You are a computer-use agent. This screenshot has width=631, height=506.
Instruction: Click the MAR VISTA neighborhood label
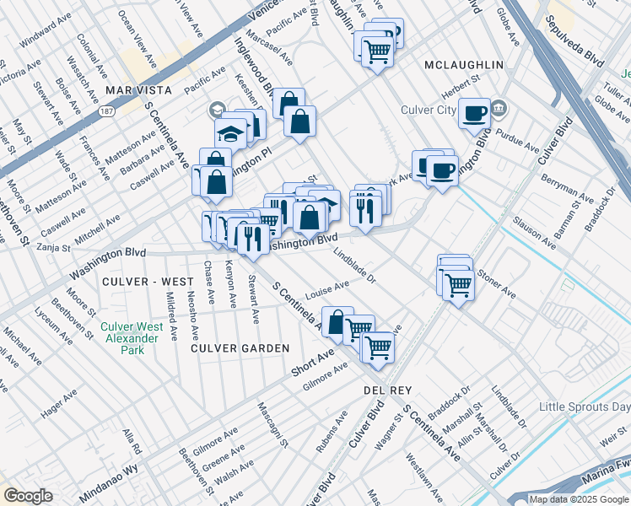[x=138, y=89]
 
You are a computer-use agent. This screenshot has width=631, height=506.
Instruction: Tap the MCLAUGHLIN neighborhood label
[x=463, y=65]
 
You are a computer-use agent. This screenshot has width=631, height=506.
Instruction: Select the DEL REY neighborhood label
[x=386, y=390]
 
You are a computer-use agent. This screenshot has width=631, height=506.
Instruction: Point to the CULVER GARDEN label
[x=240, y=347]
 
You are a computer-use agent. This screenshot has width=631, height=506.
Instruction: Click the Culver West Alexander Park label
[x=130, y=332]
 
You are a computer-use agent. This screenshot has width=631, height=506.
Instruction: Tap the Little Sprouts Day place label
[x=585, y=407]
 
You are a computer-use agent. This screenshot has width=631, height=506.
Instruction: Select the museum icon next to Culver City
[x=499, y=108]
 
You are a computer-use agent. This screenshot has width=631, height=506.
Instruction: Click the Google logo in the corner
[x=28, y=496]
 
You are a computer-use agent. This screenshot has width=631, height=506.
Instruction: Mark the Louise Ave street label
[x=328, y=291]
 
